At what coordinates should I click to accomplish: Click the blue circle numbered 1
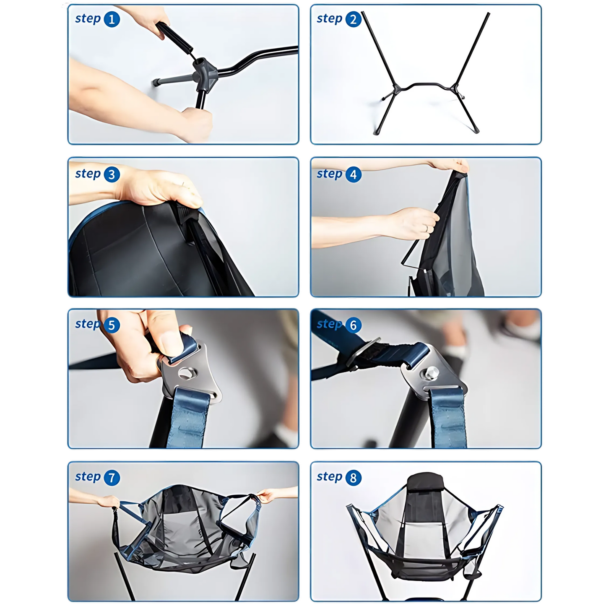(x=112, y=19)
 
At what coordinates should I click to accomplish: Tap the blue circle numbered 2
(x=353, y=19)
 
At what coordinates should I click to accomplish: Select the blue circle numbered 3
(x=112, y=174)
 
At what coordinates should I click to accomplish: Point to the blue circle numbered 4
(x=353, y=174)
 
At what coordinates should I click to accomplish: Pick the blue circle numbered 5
(x=112, y=325)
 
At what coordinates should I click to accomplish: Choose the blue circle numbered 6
(x=353, y=325)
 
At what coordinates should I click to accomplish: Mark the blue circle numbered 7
(x=112, y=478)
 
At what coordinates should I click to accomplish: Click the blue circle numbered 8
(x=353, y=478)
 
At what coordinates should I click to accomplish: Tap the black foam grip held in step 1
(x=174, y=38)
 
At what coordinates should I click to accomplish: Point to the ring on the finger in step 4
(x=427, y=229)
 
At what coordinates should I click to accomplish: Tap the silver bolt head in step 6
(x=432, y=373)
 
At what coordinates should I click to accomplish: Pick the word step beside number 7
(x=88, y=477)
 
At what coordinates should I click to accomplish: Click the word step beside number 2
(x=329, y=19)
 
